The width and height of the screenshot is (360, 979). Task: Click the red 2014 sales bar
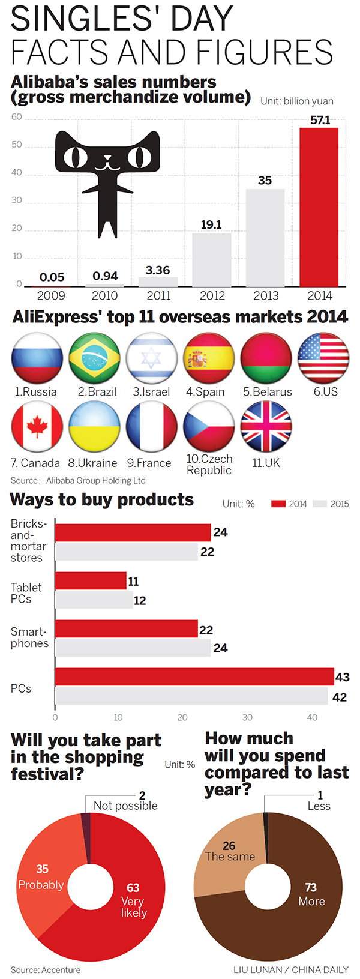click(319, 207)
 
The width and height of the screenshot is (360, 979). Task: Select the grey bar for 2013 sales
click(265, 238)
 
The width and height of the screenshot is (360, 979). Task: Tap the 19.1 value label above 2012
click(211, 224)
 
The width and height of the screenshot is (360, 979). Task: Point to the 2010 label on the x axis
click(104, 295)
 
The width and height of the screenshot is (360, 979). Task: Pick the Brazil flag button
click(94, 358)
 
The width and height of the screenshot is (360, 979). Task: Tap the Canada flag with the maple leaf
click(37, 427)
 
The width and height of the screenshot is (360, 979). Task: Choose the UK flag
click(266, 427)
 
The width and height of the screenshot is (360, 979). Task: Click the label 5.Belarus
click(268, 392)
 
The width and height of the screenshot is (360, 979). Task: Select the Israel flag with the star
click(151, 358)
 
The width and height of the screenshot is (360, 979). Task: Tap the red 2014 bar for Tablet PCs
click(91, 580)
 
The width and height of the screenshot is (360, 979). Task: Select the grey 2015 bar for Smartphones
click(133, 648)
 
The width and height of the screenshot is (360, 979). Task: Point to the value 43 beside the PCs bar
click(342, 677)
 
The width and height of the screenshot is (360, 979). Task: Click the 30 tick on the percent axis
click(247, 717)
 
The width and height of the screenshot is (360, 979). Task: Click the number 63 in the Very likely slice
click(133, 887)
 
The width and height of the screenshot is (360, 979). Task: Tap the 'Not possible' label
click(125, 806)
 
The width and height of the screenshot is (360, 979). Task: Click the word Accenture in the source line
click(61, 969)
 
